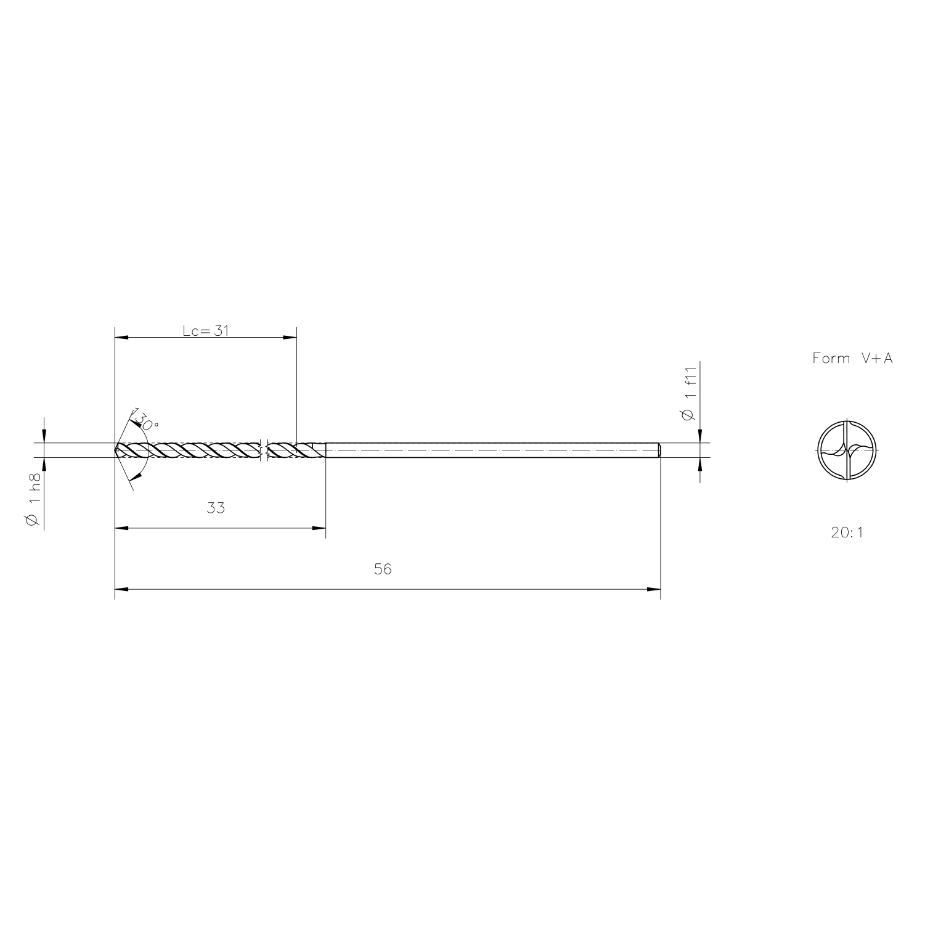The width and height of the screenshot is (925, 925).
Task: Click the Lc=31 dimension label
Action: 206,330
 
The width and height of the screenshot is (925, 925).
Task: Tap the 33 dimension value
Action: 216,508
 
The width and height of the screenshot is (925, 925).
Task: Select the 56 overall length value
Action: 383,569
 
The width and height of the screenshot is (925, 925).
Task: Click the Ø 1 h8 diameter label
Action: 34,500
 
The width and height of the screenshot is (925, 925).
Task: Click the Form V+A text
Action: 852,359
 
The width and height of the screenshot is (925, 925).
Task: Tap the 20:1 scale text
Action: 847,532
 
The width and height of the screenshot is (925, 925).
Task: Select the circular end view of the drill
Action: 848,450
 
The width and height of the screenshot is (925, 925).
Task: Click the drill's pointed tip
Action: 115,450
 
